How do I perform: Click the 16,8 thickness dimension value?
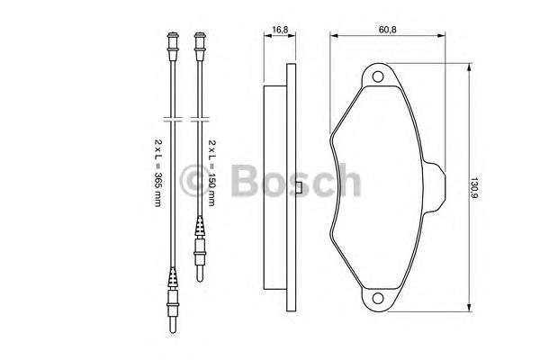click(280, 29)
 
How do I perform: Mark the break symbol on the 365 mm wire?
click(171, 117)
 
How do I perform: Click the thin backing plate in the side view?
click(290, 186)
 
